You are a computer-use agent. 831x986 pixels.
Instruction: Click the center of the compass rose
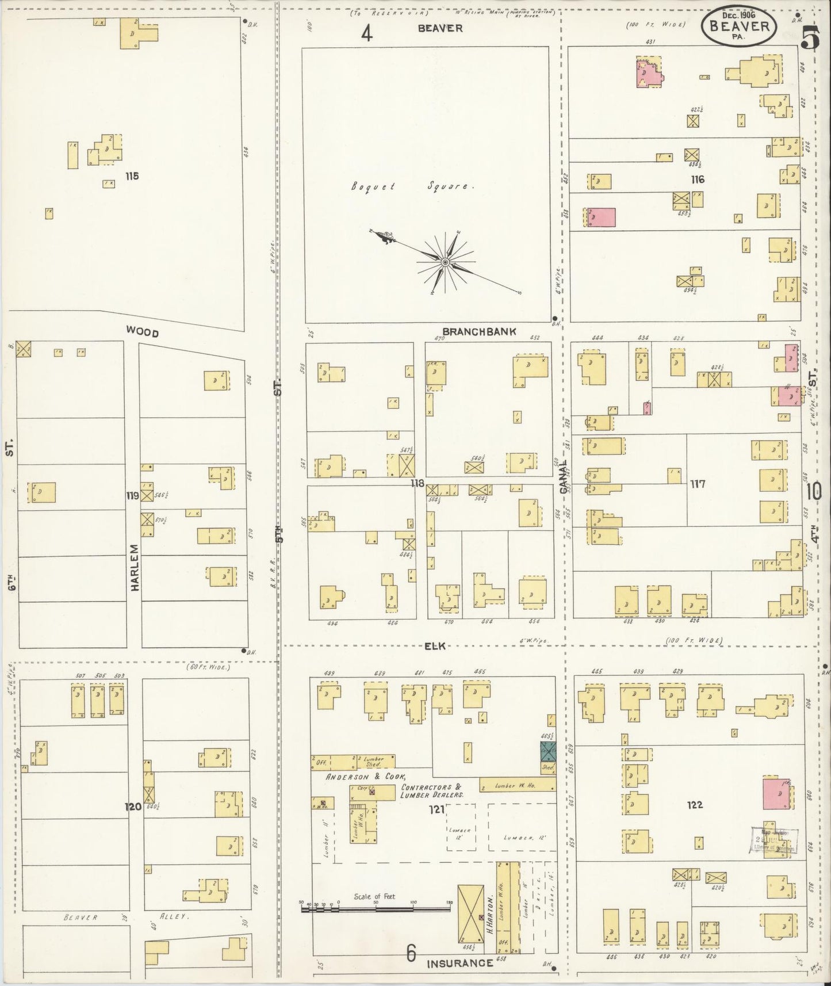445,262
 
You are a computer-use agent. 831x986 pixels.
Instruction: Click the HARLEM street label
135,567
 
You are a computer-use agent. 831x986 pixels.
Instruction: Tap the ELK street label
435,646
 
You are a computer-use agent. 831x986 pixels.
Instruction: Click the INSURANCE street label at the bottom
459,963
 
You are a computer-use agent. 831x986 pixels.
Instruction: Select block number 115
132,176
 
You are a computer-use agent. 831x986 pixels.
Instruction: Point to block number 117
698,484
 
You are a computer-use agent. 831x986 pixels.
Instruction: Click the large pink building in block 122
776,794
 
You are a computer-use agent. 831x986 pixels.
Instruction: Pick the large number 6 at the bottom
411,954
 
